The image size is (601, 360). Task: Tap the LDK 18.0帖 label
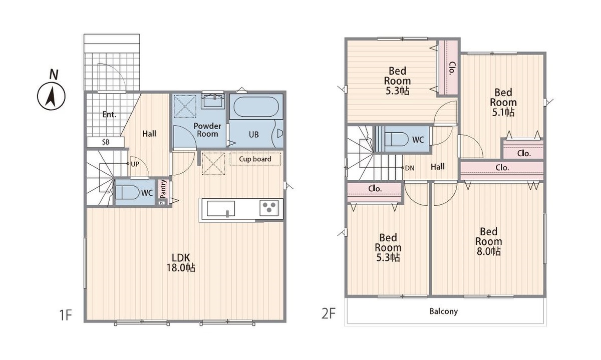(x=181, y=263)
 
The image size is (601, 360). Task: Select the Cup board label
(x=255, y=159)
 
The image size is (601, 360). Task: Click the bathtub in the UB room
(x=256, y=107)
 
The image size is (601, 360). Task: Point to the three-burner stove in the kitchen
(x=269, y=207)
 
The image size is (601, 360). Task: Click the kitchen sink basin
(x=221, y=208)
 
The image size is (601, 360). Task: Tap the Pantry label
(x=163, y=189)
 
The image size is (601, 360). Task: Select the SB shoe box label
(x=106, y=142)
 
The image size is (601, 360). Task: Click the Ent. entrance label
(x=109, y=115)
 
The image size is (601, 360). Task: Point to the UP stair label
(x=135, y=164)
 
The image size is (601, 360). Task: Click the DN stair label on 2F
(x=410, y=168)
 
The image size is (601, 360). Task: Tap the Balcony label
(x=444, y=311)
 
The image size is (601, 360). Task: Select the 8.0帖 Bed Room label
(x=489, y=241)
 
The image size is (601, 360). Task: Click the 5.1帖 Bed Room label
(x=503, y=102)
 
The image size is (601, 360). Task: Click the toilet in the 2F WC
(x=396, y=139)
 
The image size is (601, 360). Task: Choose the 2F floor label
(x=329, y=313)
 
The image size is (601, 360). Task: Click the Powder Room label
(x=207, y=130)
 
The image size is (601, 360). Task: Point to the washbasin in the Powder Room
(x=213, y=101)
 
